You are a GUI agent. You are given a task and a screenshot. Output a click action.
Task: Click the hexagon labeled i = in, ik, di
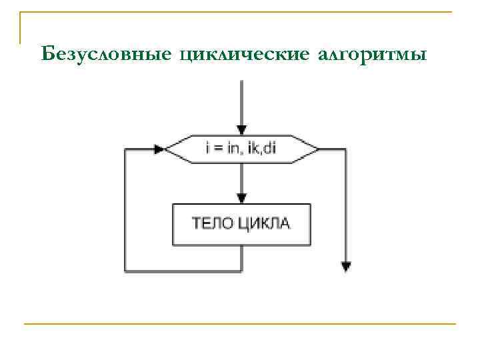(241, 149)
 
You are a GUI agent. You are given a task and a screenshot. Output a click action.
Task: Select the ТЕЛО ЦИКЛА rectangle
(241, 223)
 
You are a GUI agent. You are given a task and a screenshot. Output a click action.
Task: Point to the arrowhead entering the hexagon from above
(241, 130)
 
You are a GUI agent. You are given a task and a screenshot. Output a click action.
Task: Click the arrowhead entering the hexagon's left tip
(159, 149)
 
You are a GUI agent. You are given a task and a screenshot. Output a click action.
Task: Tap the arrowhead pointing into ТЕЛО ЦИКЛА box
(241, 198)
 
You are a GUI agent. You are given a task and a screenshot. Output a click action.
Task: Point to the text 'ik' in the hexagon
(254, 148)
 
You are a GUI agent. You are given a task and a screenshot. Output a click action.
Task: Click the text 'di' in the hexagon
(269, 148)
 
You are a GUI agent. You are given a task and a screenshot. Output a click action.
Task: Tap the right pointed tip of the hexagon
(317, 149)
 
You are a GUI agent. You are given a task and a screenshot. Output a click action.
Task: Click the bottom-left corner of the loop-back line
(126, 271)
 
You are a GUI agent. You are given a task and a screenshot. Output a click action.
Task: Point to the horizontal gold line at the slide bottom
(240, 324)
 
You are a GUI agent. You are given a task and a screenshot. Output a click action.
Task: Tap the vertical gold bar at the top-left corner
(20, 27)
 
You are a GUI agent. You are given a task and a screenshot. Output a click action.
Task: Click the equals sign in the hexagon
(217, 149)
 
